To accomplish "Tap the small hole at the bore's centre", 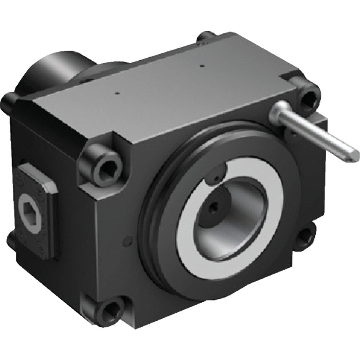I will [x=215, y=206].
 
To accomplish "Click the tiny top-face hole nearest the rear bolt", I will [x=202, y=66].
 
